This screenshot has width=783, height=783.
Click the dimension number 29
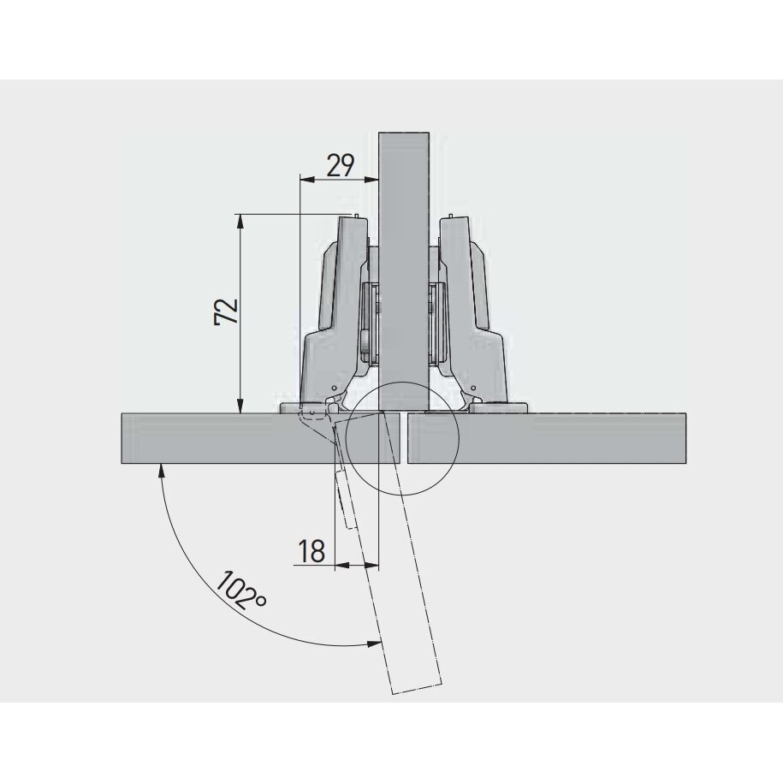pos(341,165)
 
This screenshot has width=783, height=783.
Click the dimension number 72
pos(227,311)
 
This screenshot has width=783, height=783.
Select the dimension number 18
pos(311,551)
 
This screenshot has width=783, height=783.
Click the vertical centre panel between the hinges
pos(404,272)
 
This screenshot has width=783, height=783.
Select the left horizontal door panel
pos(260,438)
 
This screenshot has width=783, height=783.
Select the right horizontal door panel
pos(547,438)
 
